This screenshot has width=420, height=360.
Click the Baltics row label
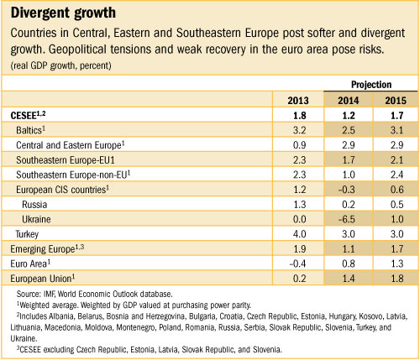[x=34, y=131]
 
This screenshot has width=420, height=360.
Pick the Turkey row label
[x=29, y=232]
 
